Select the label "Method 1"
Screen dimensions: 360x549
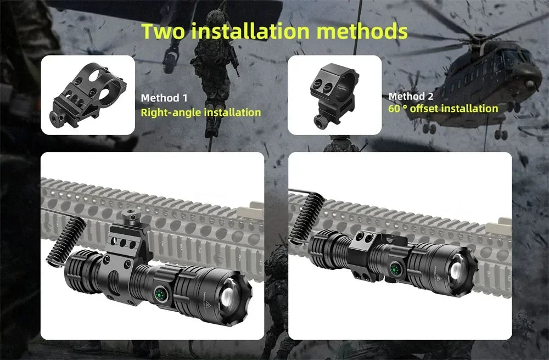pos(164,98)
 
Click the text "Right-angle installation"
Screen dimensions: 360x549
pos(201,113)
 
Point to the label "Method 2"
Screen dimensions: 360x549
pos(411,97)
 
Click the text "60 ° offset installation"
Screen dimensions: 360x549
pos(443,108)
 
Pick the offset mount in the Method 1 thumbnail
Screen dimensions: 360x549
pos(88,95)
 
